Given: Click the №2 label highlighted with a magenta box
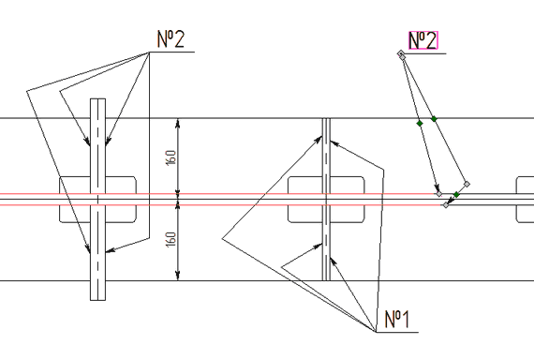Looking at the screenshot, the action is click(x=423, y=40).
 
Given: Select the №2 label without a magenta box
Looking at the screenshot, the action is click(x=171, y=38).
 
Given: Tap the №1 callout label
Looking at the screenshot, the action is click(x=397, y=319).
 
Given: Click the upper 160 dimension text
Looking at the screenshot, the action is click(x=171, y=157).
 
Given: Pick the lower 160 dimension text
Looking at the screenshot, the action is click(x=171, y=239).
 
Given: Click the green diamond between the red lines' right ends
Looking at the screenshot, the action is click(x=456, y=195).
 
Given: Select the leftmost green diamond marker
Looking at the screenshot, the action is click(x=420, y=123).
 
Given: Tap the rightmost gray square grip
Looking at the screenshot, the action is click(x=467, y=184).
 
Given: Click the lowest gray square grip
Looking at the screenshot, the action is click(x=446, y=205).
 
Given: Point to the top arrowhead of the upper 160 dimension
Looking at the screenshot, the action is click(x=177, y=123).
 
